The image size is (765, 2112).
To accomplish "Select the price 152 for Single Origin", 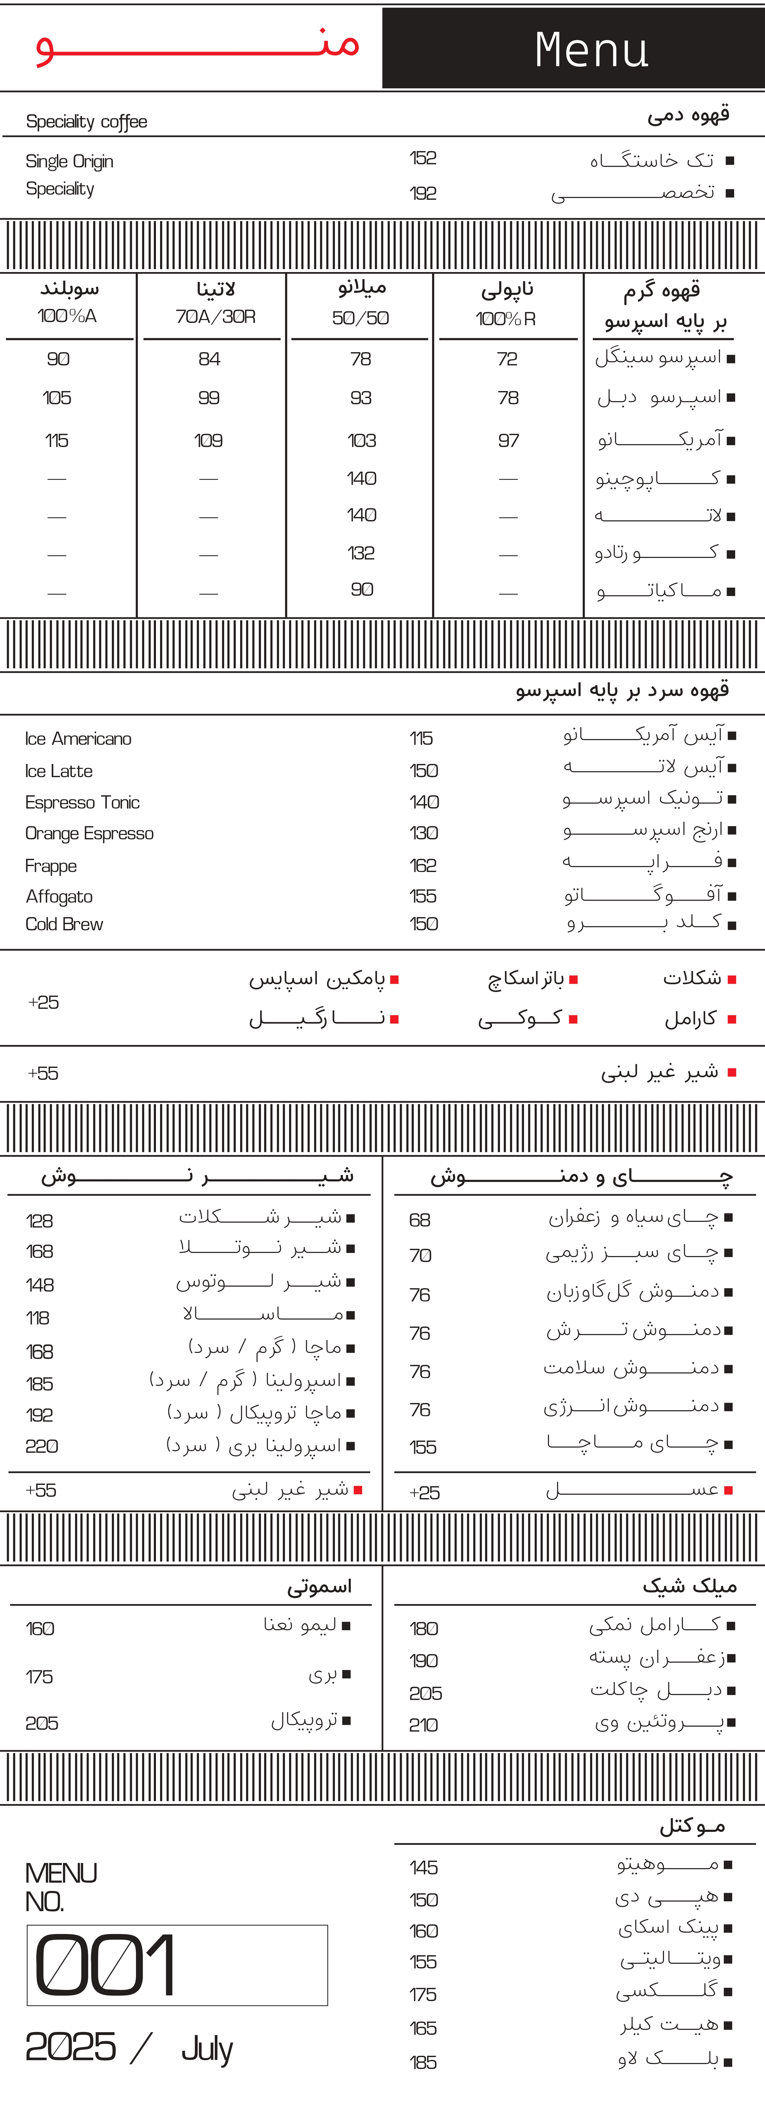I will click(423, 158).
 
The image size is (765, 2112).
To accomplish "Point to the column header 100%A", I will click(67, 316).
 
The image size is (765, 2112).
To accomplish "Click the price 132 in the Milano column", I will click(361, 554).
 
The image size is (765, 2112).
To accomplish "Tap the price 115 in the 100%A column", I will click(56, 441).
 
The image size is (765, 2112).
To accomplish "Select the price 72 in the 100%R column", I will click(507, 359).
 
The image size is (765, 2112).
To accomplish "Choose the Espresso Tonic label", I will click(82, 803).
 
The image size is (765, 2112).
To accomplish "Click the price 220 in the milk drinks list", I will click(42, 1446).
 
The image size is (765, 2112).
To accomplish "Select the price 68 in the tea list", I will click(420, 1220).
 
